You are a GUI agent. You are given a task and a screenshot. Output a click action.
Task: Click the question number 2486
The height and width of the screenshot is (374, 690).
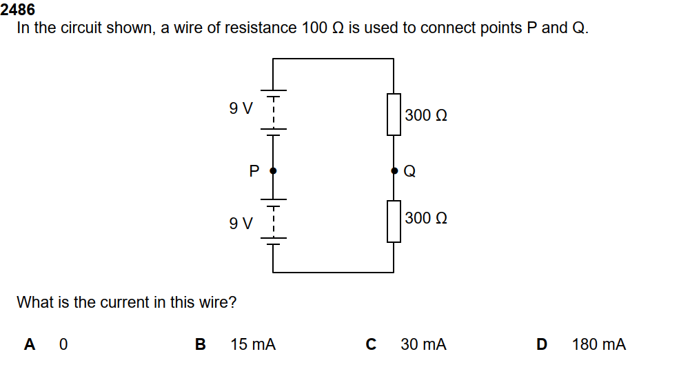(19, 10)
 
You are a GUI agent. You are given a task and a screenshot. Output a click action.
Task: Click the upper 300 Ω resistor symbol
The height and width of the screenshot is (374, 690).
(394, 115)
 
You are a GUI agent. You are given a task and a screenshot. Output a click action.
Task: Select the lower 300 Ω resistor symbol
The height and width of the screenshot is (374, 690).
(394, 221)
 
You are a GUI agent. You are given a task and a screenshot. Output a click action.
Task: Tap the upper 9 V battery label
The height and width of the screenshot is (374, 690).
(241, 108)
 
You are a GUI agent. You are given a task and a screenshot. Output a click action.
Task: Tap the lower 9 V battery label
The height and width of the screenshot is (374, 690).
(241, 223)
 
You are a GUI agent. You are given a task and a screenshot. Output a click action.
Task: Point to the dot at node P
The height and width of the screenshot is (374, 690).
(274, 170)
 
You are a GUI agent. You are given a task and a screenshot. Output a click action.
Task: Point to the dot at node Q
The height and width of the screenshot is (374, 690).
(394, 170)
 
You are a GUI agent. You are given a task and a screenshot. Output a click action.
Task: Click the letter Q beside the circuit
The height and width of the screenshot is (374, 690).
(409, 171)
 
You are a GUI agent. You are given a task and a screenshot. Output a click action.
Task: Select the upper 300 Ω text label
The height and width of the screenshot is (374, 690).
(426, 115)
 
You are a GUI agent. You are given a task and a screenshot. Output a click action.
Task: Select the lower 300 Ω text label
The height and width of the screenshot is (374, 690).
(426, 218)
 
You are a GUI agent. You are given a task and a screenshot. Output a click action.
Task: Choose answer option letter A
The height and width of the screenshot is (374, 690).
(30, 344)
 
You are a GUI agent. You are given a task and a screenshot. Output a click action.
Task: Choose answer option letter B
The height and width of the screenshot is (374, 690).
(201, 344)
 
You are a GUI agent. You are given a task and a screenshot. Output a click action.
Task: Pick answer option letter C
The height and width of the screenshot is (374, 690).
(371, 344)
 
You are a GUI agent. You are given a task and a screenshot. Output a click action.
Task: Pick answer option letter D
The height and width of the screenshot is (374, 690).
(541, 344)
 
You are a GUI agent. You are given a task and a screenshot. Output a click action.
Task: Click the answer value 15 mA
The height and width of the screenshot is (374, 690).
(253, 344)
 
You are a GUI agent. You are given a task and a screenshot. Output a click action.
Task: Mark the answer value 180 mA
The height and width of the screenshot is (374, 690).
(598, 344)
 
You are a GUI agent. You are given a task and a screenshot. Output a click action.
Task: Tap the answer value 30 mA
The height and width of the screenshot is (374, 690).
(423, 344)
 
